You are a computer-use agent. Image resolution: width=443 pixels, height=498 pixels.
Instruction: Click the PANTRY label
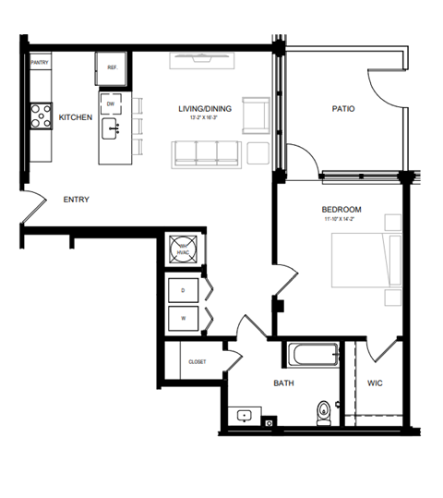40,63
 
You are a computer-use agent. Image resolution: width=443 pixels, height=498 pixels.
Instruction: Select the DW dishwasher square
112,104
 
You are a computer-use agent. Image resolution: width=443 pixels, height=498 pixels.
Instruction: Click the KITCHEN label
76,118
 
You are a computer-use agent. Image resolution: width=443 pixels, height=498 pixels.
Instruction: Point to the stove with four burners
41,115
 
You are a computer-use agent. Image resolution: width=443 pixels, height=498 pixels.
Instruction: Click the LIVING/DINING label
205,110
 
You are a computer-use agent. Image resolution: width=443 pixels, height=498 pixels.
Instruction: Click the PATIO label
343,110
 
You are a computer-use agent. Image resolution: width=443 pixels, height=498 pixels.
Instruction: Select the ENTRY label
76,200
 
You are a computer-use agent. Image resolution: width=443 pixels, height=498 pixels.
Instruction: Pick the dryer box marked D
183,290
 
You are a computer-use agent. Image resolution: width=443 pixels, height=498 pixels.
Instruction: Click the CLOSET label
197,361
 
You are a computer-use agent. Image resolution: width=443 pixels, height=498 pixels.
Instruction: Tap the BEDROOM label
341,209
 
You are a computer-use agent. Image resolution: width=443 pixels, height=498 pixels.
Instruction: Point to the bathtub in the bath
313,356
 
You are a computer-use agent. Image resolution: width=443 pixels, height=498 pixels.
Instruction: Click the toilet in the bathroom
323,411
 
